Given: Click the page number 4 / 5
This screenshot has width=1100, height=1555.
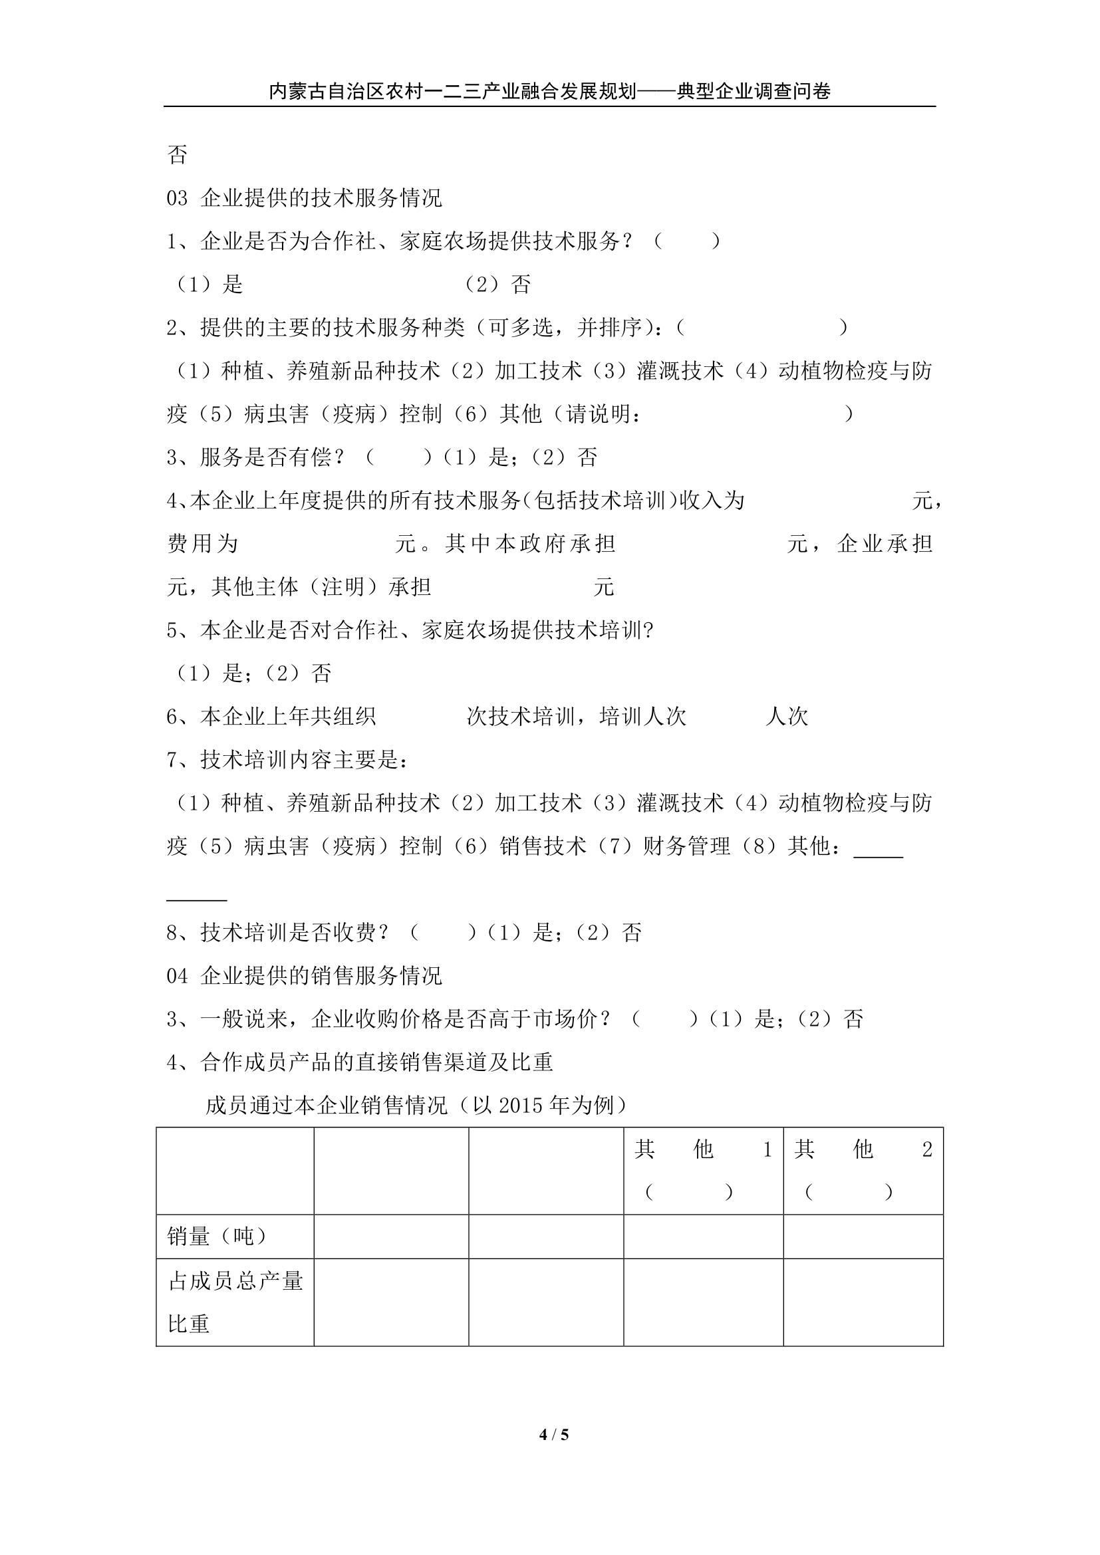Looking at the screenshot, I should click(x=553, y=1453).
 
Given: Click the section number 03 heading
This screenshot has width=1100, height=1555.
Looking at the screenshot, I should click(x=177, y=198).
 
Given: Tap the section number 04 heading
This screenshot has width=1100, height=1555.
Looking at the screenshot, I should click(x=177, y=976).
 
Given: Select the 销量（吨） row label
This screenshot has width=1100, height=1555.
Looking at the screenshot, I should click(x=217, y=1237).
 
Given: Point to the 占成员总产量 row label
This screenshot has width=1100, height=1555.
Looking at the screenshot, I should click(x=235, y=1281).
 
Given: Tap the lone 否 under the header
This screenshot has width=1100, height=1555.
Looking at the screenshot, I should click(x=178, y=155).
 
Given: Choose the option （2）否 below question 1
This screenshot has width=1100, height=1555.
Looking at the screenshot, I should click(x=497, y=285).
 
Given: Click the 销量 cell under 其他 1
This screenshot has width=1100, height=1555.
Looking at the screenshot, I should click(x=703, y=1237).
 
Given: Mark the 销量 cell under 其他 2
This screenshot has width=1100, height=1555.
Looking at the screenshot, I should click(x=863, y=1237).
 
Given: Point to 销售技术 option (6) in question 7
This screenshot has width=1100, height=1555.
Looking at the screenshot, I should click(x=543, y=846).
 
